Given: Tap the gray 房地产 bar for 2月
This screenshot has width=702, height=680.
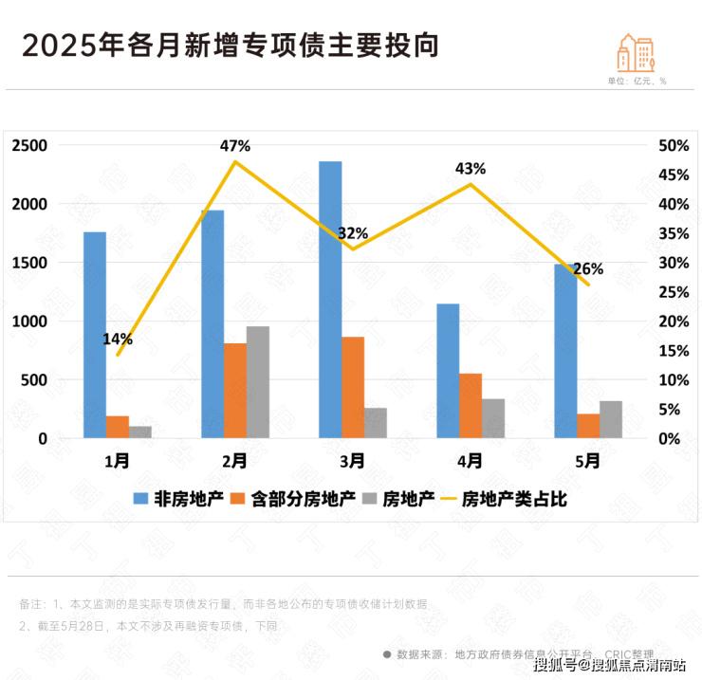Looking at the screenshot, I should coord(258,382).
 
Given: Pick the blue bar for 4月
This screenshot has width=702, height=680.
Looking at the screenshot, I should coord(448,371).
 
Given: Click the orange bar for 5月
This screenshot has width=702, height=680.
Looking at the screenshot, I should coord(588,426).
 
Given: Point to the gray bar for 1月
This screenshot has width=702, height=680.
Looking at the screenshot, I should coord(140,432).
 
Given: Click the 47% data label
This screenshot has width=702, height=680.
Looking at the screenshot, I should coord(235,146).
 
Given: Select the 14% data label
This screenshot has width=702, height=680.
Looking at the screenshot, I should coord(118,339).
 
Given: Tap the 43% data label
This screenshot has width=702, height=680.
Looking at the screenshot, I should coord(471,169).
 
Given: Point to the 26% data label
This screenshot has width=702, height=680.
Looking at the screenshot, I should coord(588,268).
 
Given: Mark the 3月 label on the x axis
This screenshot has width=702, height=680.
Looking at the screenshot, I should coord(353,461).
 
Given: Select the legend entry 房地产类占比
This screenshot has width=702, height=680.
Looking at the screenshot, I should coord(514,499).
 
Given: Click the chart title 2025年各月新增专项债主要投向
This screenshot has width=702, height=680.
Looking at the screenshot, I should coord(231,45).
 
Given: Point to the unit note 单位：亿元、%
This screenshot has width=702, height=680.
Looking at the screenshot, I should coord(637,81).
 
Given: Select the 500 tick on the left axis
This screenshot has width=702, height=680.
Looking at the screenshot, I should coord(34,380).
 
